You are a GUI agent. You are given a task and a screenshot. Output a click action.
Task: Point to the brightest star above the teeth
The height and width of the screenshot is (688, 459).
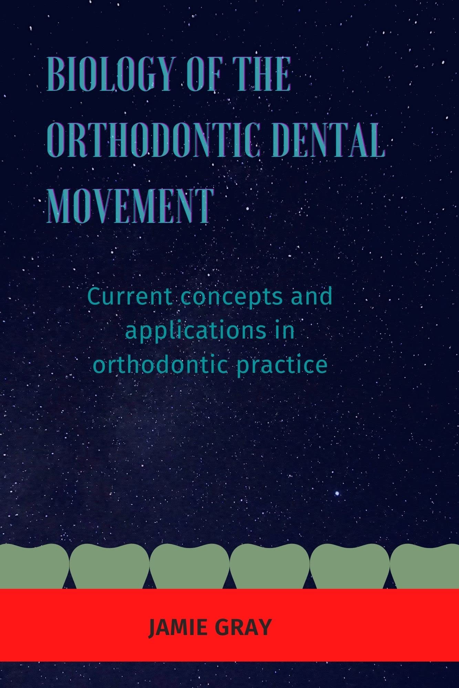tap(337, 493)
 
